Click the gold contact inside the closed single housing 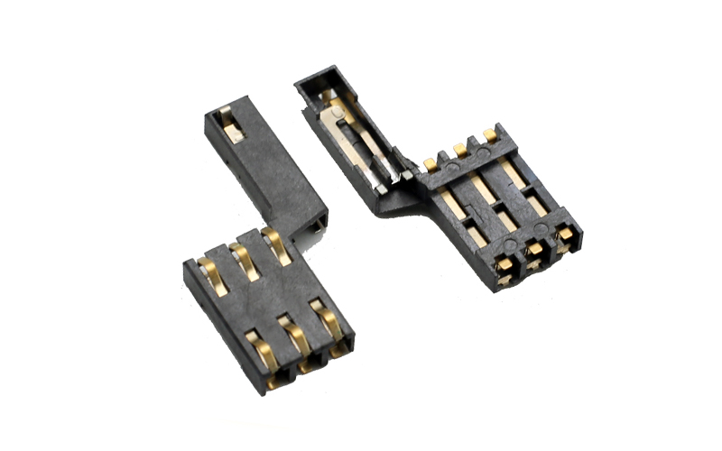(x=231, y=125)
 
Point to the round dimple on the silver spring (x=336, y=115)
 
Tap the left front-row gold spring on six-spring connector (x=261, y=351)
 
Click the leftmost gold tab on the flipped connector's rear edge (x=430, y=164)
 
